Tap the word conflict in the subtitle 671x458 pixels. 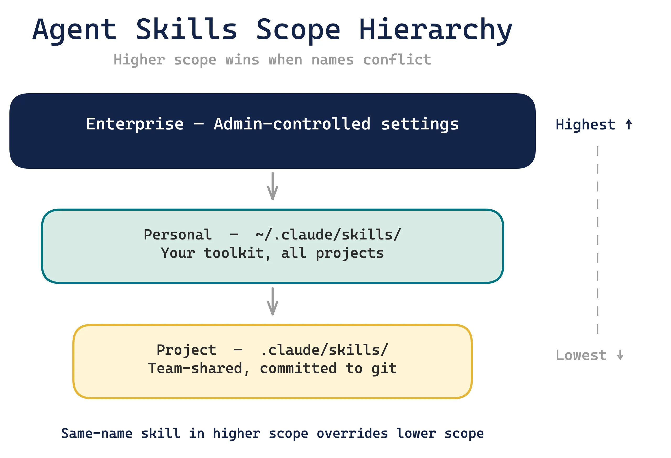397,60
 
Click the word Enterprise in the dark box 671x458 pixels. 135,124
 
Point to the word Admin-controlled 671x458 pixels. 292,124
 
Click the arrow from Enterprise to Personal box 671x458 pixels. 273,186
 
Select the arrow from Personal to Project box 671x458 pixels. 273,301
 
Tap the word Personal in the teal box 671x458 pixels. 177,234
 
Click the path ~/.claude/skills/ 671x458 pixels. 328,234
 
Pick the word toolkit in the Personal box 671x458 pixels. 234,253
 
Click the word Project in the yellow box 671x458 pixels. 186,350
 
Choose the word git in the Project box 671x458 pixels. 384,369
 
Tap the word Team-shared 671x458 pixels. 196,369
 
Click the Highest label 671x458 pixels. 585,125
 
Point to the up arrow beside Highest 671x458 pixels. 629,125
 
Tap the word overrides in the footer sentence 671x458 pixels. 352,433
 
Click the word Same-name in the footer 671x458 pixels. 97,433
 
